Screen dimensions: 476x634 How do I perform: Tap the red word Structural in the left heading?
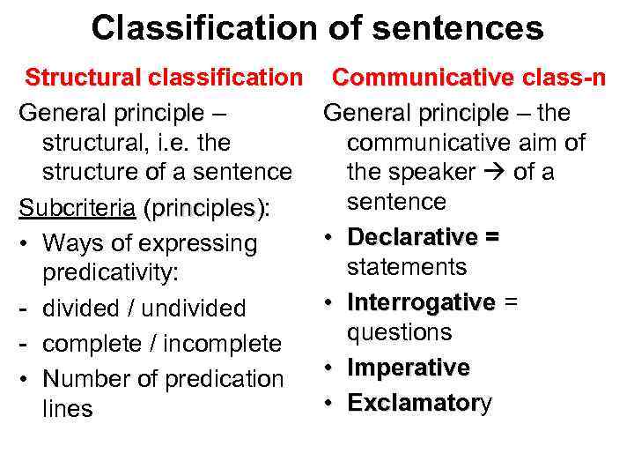(x=80, y=78)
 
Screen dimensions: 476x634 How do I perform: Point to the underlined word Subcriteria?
(x=77, y=209)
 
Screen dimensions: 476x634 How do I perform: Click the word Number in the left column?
(x=85, y=378)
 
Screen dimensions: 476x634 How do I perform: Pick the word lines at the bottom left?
(x=67, y=409)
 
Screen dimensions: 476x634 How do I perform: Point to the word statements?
(x=406, y=267)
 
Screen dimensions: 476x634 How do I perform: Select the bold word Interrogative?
(x=421, y=302)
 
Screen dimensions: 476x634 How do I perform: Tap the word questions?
(x=399, y=332)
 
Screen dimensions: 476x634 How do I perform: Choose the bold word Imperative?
(x=409, y=368)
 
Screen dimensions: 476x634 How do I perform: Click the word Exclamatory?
(x=420, y=403)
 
